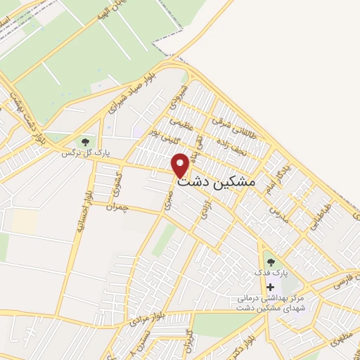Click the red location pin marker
[181, 165]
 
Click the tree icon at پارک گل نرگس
[85, 142]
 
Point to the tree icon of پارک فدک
[271, 263]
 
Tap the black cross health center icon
[271, 287]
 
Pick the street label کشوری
[117, 183]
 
